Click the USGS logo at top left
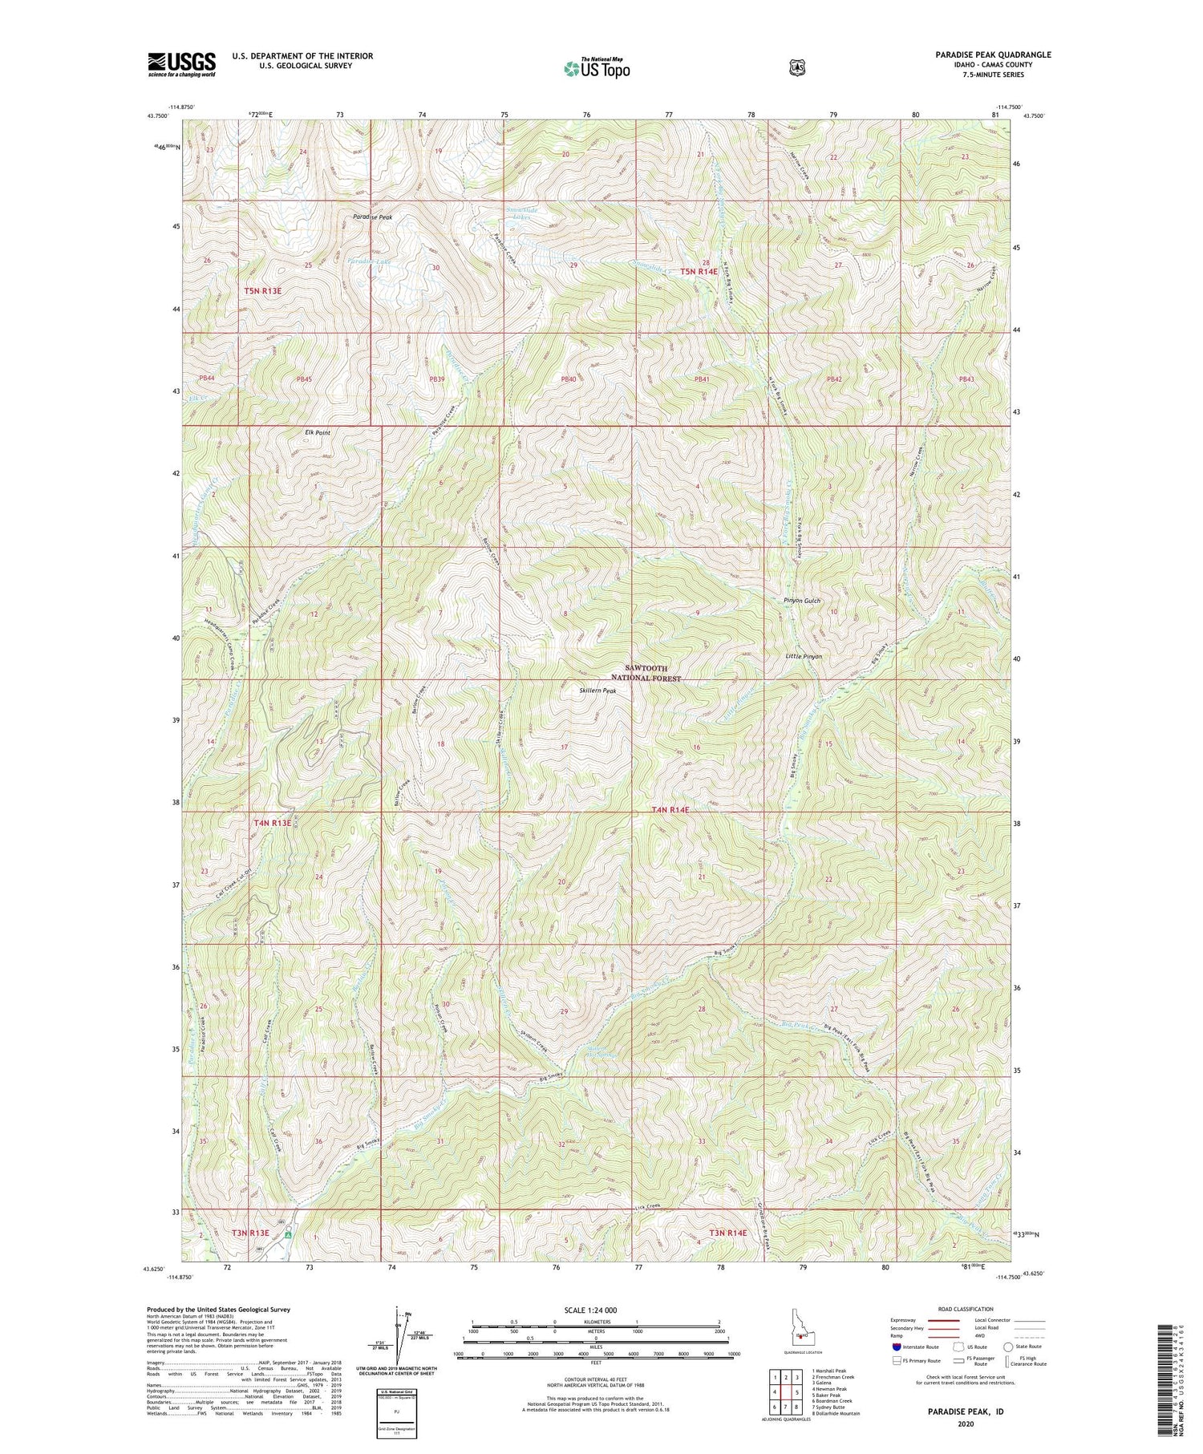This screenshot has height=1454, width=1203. click(181, 64)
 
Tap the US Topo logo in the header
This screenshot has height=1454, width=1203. click(597, 68)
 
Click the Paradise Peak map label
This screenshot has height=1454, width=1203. click(372, 217)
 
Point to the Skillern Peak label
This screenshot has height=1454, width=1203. click(597, 691)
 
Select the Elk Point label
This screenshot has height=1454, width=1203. click(318, 432)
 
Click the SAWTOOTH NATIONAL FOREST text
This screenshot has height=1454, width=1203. click(646, 673)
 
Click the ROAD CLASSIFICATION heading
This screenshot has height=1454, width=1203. click(959, 1309)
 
